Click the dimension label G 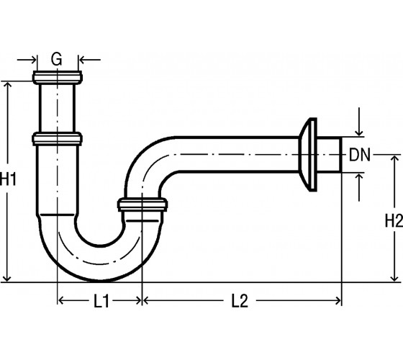pyautogui.click(x=56, y=58)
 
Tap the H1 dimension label pyautogui.click(x=8, y=179)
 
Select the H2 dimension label pyautogui.click(x=394, y=220)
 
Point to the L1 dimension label pyautogui.click(x=101, y=301)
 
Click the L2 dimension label pyautogui.click(x=240, y=301)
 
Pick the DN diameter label pyautogui.click(x=360, y=155)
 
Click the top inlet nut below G pyautogui.click(x=58, y=77)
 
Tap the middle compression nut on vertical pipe pyautogui.click(x=57, y=139)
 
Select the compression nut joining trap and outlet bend pyautogui.click(x=142, y=204)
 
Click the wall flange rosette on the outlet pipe pyautogui.click(x=309, y=155)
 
